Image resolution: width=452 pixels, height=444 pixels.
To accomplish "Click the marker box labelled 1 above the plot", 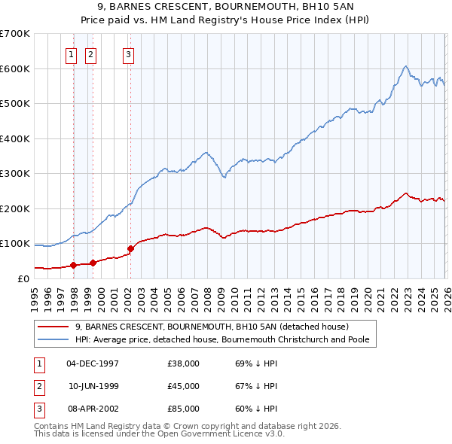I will point(71,53).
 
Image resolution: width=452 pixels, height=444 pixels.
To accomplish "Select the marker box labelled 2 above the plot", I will point(90,53).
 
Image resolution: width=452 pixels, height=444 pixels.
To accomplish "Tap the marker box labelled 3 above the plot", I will point(129,53).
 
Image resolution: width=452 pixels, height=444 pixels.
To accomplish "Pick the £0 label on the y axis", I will point(23,278).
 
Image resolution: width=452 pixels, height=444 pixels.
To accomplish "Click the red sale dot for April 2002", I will point(130,248).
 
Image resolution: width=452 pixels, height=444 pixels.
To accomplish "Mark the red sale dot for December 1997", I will point(73,265).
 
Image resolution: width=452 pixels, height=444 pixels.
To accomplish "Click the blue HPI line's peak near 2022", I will point(405,66).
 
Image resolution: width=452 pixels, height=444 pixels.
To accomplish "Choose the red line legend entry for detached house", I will point(211,327).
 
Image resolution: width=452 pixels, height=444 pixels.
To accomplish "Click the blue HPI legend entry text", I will point(226,339).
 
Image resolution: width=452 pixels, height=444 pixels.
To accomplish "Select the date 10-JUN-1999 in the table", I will point(93,386).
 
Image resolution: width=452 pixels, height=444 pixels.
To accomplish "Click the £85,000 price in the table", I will point(183,409).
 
